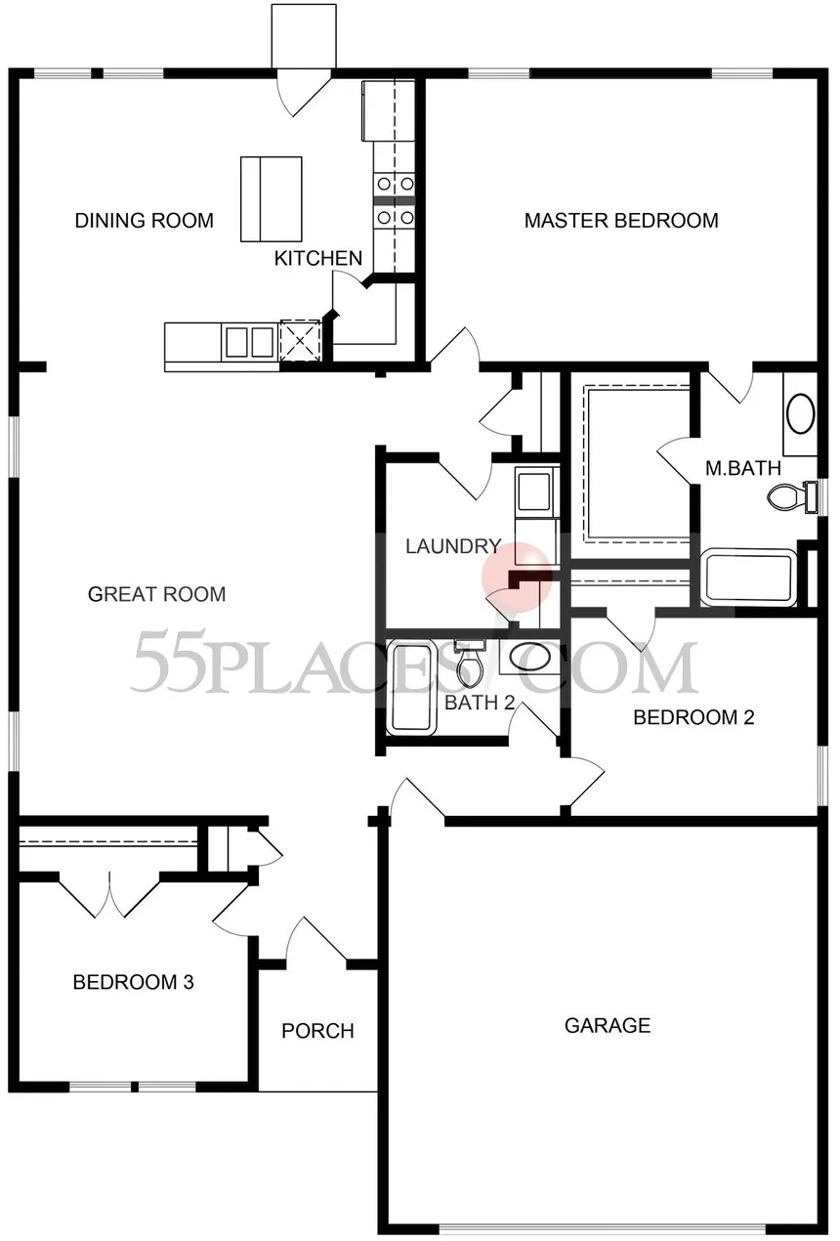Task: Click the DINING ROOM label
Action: tap(144, 221)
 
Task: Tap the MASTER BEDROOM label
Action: tap(621, 221)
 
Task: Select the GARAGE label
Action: tap(608, 1025)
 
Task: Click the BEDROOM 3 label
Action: tap(134, 982)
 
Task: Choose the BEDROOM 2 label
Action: tap(693, 717)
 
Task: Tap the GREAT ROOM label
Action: tap(156, 594)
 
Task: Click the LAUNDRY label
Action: tap(453, 546)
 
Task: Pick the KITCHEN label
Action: tap(318, 258)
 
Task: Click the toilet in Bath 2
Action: tap(469, 663)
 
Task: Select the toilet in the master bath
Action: tap(792, 496)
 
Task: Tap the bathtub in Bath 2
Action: tap(410, 688)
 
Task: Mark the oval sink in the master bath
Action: tap(801, 413)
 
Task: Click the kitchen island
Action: tap(272, 199)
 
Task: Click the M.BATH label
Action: tap(743, 469)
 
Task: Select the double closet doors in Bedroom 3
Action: tap(109, 896)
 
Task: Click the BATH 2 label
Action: tap(481, 703)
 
